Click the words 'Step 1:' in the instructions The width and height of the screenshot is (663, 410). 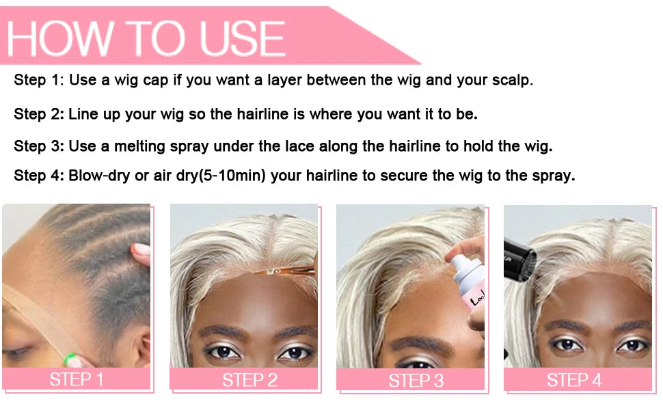tap(39, 81)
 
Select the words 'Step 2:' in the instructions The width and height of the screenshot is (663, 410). tap(39, 114)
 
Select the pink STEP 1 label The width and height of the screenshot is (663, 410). tap(77, 379)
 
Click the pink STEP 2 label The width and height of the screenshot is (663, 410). tap(249, 380)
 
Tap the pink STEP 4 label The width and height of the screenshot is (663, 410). tap(574, 380)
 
